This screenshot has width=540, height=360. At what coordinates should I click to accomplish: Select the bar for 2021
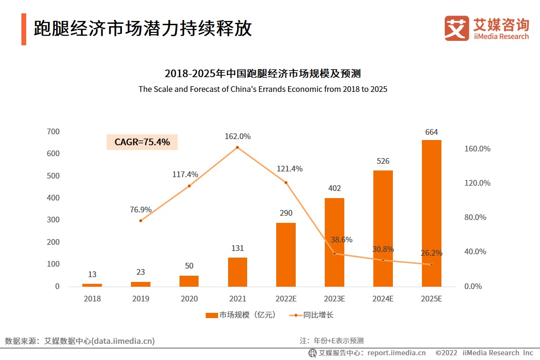coord(238,272)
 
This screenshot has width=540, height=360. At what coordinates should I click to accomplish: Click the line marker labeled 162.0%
coord(237,148)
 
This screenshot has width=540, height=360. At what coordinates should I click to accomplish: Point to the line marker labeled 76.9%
coord(140,220)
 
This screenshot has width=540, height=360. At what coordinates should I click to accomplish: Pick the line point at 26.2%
coord(431,264)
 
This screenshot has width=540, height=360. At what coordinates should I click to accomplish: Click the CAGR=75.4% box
coord(142,141)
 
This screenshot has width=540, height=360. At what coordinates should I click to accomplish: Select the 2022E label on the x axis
coord(286,299)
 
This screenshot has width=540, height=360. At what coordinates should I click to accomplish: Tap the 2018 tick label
coord(92,299)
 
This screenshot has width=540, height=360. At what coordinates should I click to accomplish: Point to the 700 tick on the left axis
coord(53,131)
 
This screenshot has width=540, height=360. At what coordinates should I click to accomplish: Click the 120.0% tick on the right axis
coord(477,183)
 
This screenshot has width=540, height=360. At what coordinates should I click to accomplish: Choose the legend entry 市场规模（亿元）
coord(240,315)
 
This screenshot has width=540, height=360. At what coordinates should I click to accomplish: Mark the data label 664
coord(431,132)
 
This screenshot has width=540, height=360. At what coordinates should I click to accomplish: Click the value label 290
coord(286,213)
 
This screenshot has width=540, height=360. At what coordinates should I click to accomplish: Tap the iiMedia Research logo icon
coord(457,28)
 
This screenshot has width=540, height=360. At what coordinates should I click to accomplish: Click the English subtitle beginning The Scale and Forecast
coord(263,89)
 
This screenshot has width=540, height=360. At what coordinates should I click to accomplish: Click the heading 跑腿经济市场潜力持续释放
coord(143,29)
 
